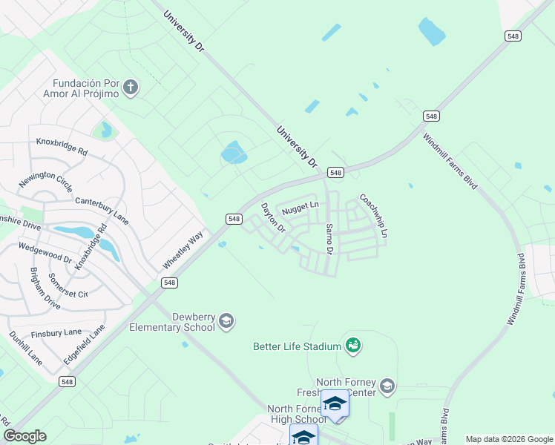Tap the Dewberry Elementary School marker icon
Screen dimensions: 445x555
click(x=226, y=321)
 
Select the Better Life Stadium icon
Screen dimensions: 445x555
click(x=353, y=346)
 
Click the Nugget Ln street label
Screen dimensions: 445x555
click(x=300, y=205)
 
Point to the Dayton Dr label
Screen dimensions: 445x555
click(x=272, y=217)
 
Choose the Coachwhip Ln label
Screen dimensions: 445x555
click(x=373, y=215)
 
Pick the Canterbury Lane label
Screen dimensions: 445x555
click(x=102, y=211)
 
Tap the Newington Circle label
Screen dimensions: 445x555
click(x=46, y=182)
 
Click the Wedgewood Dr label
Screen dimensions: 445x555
click(x=45, y=252)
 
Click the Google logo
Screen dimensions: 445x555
click(x=24, y=436)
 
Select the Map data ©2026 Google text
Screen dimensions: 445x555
click(x=509, y=439)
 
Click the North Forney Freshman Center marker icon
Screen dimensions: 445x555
click(x=386, y=386)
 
